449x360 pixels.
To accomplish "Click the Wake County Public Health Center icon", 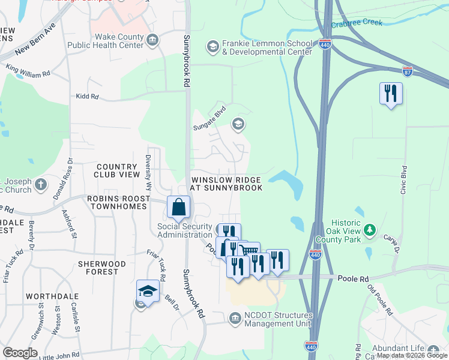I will tap(153, 40).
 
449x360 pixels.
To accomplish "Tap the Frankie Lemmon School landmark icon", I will tap(212, 46).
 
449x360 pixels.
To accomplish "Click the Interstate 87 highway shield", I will tap(408, 71).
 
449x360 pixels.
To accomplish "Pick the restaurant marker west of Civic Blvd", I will tap(391, 94).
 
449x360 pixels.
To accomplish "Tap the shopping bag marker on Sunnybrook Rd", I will tap(179, 208).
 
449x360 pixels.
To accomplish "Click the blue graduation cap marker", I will tap(148, 291).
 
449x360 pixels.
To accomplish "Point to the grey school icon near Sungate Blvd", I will tap(238, 124).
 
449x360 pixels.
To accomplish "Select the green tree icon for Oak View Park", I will tap(370, 229).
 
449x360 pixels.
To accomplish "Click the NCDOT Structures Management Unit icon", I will tap(235, 319).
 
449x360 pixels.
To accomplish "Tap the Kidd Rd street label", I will tap(86, 96).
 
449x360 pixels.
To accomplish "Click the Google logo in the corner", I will tap(20, 352).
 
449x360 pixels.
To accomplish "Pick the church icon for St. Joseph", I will tap(40, 184).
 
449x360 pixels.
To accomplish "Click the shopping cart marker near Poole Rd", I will tap(249, 252).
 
